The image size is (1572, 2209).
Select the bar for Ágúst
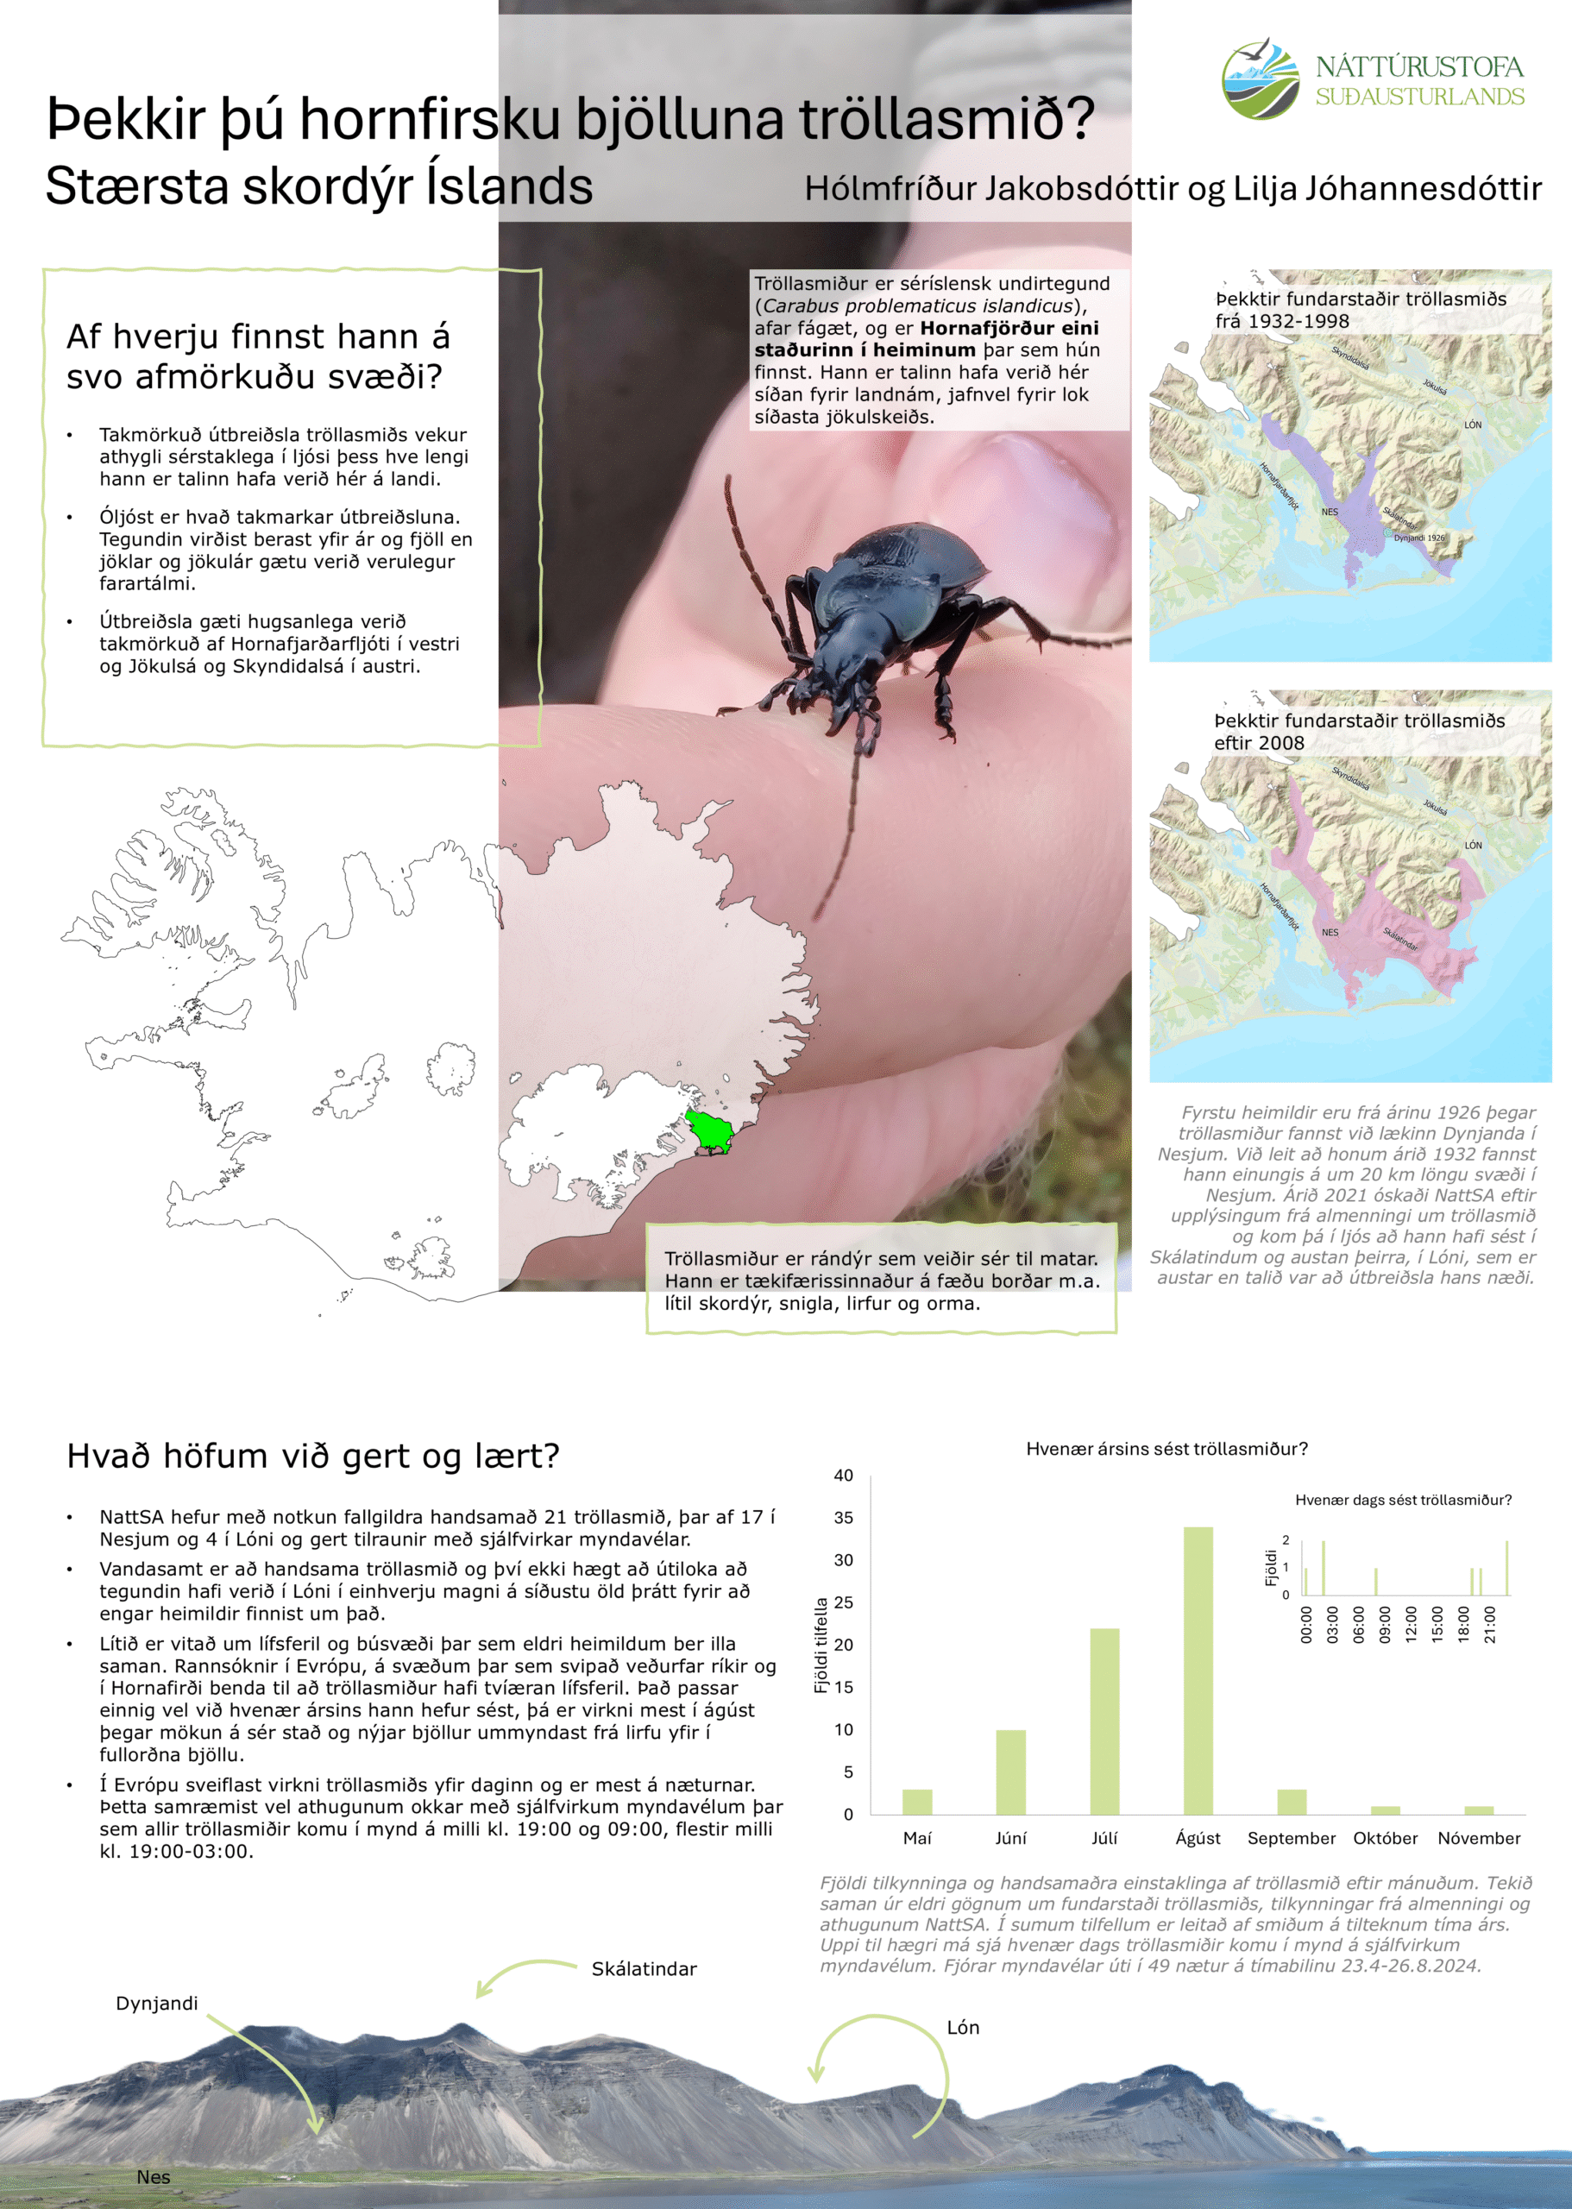pyautogui.click(x=1198, y=1670)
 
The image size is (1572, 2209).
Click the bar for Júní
pyautogui.click(x=1010, y=1772)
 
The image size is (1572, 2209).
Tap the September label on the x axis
pyautogui.click(x=1291, y=1838)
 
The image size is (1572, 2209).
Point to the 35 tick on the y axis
pyautogui.click(x=844, y=1518)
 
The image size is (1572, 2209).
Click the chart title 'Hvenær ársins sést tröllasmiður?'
pyautogui.click(x=1166, y=1449)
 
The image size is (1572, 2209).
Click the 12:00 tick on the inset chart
pyautogui.click(x=1412, y=1623)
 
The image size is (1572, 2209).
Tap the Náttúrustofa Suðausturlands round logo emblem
pyautogui.click(x=1261, y=79)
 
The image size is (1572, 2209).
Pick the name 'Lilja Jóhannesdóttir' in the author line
pyautogui.click(x=1387, y=188)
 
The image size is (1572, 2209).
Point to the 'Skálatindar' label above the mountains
pyautogui.click(x=644, y=1969)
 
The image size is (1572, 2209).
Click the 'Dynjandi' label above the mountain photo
pyautogui.click(x=157, y=2003)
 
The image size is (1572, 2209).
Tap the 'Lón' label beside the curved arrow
pyautogui.click(x=962, y=2027)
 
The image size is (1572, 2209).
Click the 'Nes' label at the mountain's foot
pyautogui.click(x=153, y=2177)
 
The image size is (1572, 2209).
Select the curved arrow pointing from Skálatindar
pyautogui.click(x=523, y=1975)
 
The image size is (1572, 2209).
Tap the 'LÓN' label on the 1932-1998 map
pyautogui.click(x=1472, y=425)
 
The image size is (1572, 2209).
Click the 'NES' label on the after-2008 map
pyautogui.click(x=1330, y=933)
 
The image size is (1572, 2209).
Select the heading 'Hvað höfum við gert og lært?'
pyautogui.click(x=312, y=1456)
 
